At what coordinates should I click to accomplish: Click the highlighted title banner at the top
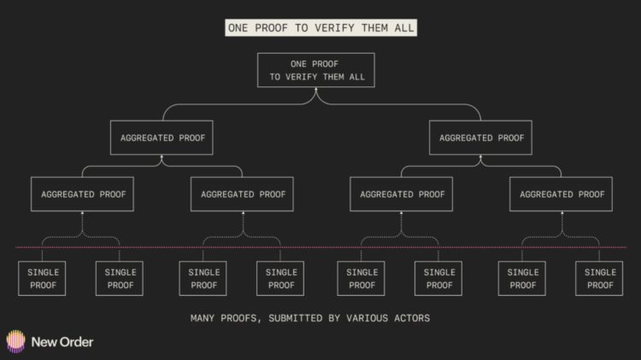tap(320, 27)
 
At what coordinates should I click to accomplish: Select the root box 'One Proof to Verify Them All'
tap(315, 71)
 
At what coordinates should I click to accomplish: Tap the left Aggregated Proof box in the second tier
tap(161, 137)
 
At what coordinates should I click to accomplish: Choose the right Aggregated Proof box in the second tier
tap(481, 137)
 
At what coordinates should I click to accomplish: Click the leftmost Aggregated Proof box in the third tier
tap(83, 194)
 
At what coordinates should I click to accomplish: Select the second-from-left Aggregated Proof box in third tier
tap(243, 194)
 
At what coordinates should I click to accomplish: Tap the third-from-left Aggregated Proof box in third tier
tap(402, 194)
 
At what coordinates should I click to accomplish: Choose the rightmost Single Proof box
tap(600, 279)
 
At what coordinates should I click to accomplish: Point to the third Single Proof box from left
tap(203, 279)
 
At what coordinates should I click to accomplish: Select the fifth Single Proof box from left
tap(362, 279)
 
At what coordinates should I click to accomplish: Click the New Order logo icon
tap(16, 341)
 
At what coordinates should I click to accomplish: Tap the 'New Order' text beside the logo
tap(62, 342)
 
